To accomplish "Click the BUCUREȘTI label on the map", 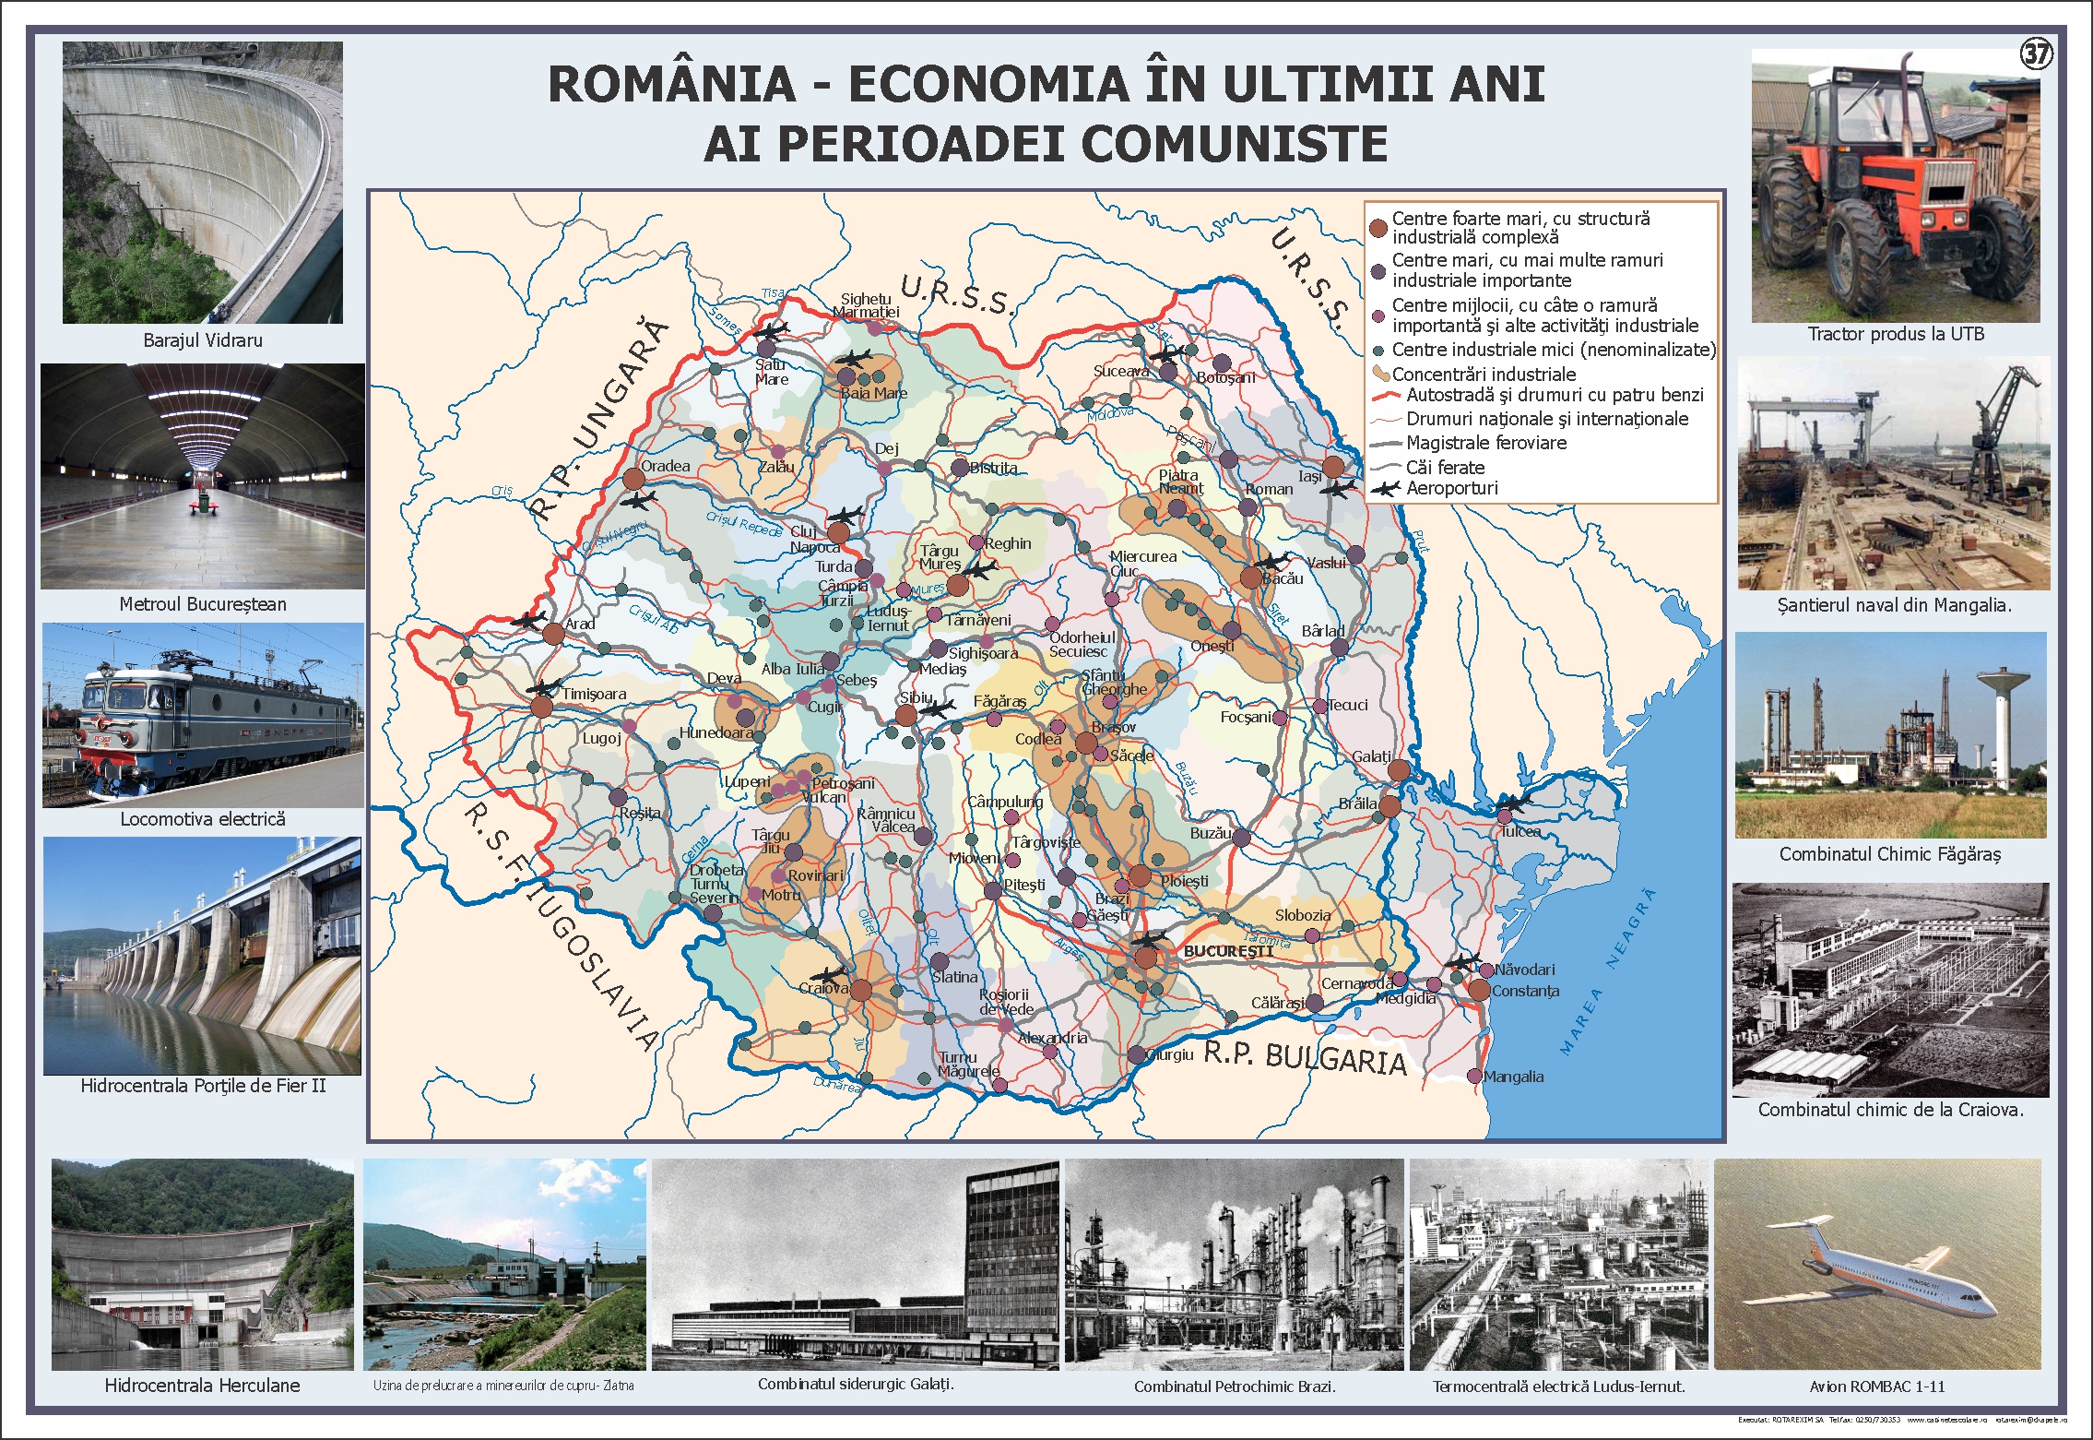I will tap(1227, 950).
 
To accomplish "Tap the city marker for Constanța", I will tap(1479, 990).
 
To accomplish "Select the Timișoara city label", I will tap(595, 694).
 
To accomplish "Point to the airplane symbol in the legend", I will tap(1385, 489).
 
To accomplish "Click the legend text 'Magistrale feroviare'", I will tap(1485, 443).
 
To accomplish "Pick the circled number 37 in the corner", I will tap(2036, 54).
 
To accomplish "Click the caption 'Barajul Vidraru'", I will tap(203, 340).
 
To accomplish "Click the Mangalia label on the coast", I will tap(1513, 1077).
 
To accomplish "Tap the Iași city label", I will tap(1309, 476).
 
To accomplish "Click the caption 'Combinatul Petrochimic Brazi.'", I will tap(1235, 1386).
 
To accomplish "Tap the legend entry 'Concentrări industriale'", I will tap(1483, 375).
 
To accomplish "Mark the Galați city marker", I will tap(1399, 770).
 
